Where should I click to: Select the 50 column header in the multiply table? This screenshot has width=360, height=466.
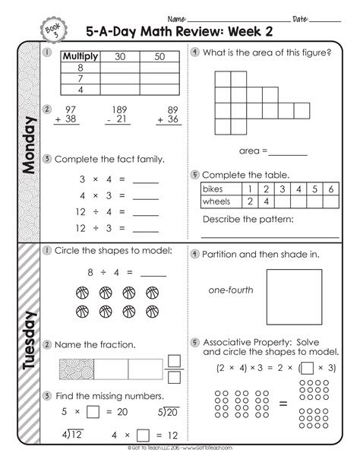pos(158,55)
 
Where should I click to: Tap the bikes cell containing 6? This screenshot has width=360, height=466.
pos(332,187)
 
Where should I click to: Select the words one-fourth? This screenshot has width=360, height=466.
pos(231,290)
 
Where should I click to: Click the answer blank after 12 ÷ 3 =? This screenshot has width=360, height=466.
pos(146,228)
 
